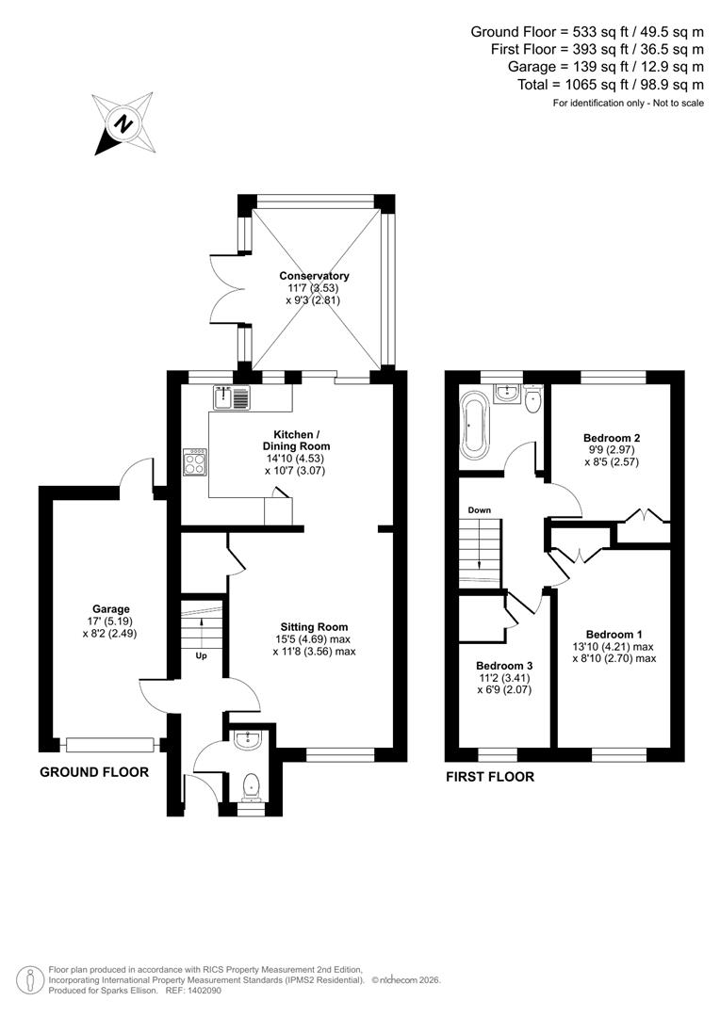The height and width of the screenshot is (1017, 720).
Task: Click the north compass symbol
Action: (123, 123)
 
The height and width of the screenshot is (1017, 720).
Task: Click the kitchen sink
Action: (231, 398)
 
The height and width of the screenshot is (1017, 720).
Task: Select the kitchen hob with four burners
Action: (196, 460)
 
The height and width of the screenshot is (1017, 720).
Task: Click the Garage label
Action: (110, 609)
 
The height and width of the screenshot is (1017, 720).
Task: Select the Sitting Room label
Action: (314, 626)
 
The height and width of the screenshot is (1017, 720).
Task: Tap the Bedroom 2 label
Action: (612, 438)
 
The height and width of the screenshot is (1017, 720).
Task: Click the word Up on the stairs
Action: (202, 655)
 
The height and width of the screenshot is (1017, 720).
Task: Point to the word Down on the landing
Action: (479, 510)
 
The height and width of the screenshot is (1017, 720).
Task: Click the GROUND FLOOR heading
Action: (94, 772)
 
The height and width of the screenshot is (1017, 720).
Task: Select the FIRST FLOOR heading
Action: (490, 777)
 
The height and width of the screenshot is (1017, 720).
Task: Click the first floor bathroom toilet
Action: (533, 400)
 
